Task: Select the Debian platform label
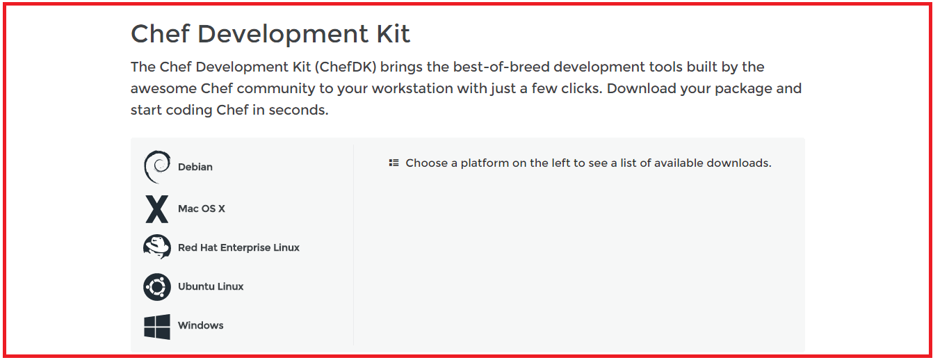point(195,167)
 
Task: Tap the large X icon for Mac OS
point(157,209)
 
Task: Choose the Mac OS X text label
point(201,208)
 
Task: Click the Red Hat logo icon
point(157,247)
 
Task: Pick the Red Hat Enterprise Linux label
point(238,247)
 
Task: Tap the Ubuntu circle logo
point(157,287)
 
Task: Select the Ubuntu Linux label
point(211,286)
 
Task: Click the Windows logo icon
point(157,327)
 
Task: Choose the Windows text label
point(200,325)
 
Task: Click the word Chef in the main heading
point(161,33)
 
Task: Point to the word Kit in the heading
point(394,33)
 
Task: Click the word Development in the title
point(283,35)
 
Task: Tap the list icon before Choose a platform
point(394,163)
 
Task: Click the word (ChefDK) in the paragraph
point(346,67)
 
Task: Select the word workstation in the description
point(412,89)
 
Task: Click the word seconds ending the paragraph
point(299,111)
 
